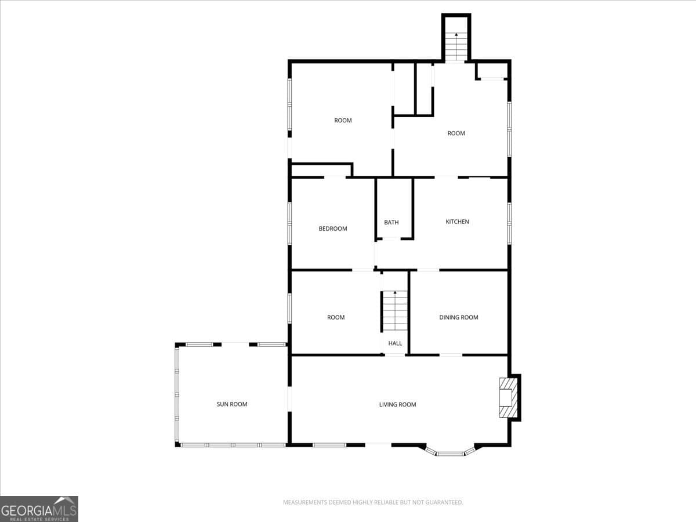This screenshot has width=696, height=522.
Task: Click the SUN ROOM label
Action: tap(232, 404)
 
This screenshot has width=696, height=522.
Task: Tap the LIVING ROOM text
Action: tap(397, 404)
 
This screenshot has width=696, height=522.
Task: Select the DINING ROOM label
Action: tap(458, 317)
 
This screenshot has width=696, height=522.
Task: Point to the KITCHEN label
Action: tap(457, 222)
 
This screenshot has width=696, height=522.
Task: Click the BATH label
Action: tap(391, 222)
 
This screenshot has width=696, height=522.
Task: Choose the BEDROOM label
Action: tap(333, 229)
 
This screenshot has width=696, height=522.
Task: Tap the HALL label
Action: tap(395, 343)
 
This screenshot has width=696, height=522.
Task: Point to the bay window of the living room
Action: tap(450, 451)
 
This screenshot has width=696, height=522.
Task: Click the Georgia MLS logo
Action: tap(39, 509)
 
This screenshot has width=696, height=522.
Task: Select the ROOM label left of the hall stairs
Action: tap(336, 317)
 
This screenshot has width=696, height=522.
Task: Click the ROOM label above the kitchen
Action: tap(456, 133)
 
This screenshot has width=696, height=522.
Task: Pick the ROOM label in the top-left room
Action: tap(343, 121)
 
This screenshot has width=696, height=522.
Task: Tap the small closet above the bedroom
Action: tap(321, 171)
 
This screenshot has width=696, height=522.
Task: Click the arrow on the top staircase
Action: tap(456, 35)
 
